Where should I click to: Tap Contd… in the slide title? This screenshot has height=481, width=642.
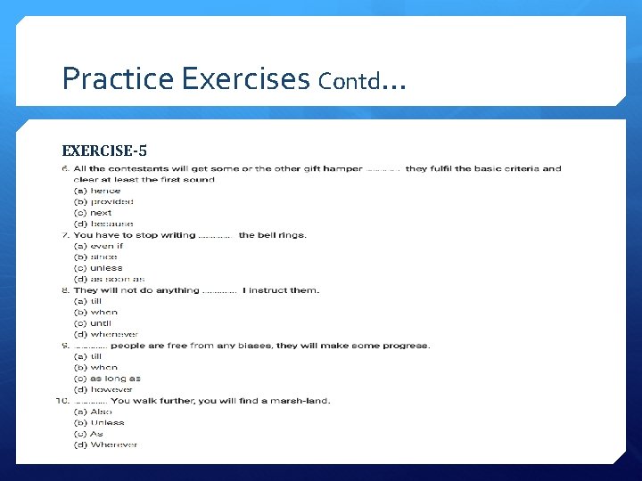point(361,82)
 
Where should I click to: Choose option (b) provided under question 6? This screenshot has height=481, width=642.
point(103,202)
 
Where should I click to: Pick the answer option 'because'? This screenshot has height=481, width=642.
point(103,224)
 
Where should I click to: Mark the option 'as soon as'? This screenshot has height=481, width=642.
point(109,279)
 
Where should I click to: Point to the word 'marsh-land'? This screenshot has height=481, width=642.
point(304,401)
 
